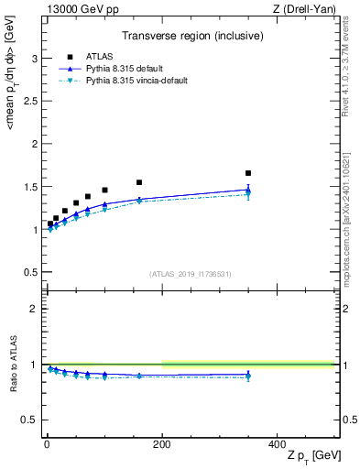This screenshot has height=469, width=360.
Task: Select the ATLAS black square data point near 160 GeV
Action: point(139,182)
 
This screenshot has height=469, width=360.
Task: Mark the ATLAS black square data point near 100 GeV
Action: point(104,191)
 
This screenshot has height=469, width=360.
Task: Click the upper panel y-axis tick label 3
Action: point(34,59)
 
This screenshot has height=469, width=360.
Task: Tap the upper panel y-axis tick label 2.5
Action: point(30,102)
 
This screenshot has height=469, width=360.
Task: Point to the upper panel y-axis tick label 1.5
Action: point(30,187)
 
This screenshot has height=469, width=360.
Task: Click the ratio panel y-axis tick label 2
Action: point(34,309)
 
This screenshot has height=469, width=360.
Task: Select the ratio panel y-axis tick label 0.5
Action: point(30,420)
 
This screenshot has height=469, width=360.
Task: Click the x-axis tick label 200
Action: point(161,444)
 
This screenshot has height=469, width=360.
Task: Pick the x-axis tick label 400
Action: point(277,444)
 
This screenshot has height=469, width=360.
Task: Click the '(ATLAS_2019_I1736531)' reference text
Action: point(191,274)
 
